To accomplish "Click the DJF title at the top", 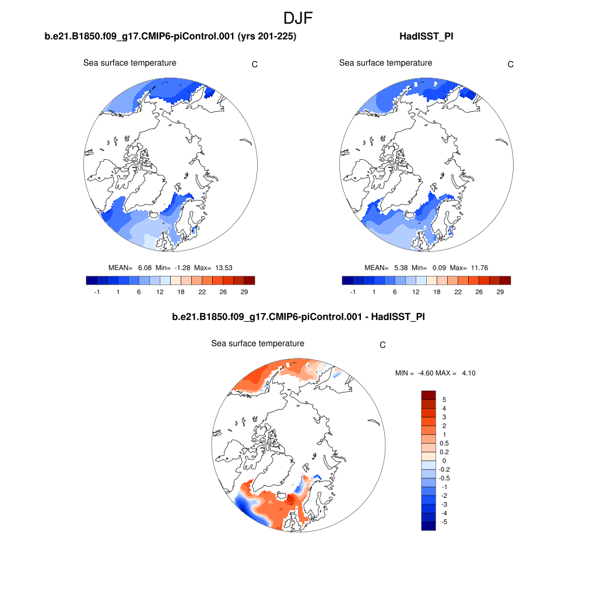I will tap(298, 18).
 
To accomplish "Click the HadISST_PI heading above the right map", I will tap(426, 37).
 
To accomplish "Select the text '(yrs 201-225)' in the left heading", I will tap(268, 37).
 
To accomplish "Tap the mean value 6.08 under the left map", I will tap(145, 268).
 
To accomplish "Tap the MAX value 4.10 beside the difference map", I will tap(468, 373).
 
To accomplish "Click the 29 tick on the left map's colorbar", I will tap(244, 292).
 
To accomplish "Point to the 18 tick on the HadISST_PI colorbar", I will tap(437, 292).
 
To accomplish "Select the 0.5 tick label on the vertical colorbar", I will tap(445, 443).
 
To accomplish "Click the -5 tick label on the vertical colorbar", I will tap(444, 522).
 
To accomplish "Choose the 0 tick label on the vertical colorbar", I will tap(444, 461).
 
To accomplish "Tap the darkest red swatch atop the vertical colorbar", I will tap(429, 395).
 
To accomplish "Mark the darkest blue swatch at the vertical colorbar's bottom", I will tap(429, 526).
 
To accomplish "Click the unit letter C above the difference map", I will tap(382, 345).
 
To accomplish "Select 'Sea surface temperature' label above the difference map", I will tap(257, 343).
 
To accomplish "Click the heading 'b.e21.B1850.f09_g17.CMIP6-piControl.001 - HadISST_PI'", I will tap(298, 318).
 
